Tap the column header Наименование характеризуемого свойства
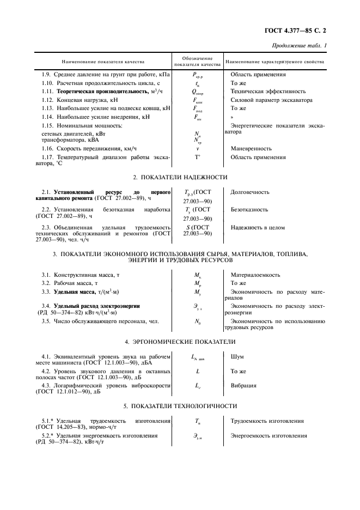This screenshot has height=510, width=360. coord(274,62)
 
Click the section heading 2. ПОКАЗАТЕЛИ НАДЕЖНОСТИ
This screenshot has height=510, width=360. coord(180,177)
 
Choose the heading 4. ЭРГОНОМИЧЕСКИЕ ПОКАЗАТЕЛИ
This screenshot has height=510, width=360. coord(180,342)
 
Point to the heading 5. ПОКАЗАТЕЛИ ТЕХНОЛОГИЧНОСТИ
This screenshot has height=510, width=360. coord(180,406)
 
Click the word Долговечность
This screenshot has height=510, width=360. coord(250,192)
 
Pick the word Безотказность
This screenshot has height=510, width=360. coord(249,209)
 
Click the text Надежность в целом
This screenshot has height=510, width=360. coord(256,227)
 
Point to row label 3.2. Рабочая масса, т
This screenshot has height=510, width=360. coord(70,283)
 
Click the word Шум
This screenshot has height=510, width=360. coord(237,356)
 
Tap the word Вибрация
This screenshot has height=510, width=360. coord(243,386)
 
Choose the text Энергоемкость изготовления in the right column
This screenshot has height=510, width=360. coord(269,436)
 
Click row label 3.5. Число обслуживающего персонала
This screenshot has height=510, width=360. coord(100,321)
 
